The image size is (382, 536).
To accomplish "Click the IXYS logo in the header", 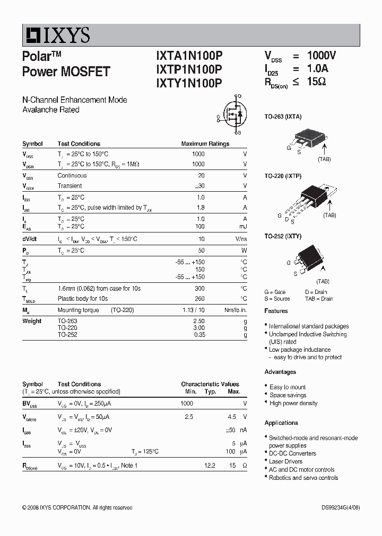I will pos(56,35).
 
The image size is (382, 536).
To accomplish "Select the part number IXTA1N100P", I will pos(189,56).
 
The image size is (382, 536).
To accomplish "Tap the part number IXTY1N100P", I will pos(189,83).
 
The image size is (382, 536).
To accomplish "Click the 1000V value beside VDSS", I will pos(322,56).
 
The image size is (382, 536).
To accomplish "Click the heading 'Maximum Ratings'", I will pos(205,144).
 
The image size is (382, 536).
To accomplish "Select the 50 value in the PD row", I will pos(201,250).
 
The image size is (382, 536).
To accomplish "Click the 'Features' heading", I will pos(276,311).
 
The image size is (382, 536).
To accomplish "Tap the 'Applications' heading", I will pos(281,423).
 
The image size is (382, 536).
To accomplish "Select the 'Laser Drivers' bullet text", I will pos(286,461).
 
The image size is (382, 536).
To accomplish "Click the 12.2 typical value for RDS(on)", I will pos(210,465).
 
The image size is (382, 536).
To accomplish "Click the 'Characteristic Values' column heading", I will pos(210,384).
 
